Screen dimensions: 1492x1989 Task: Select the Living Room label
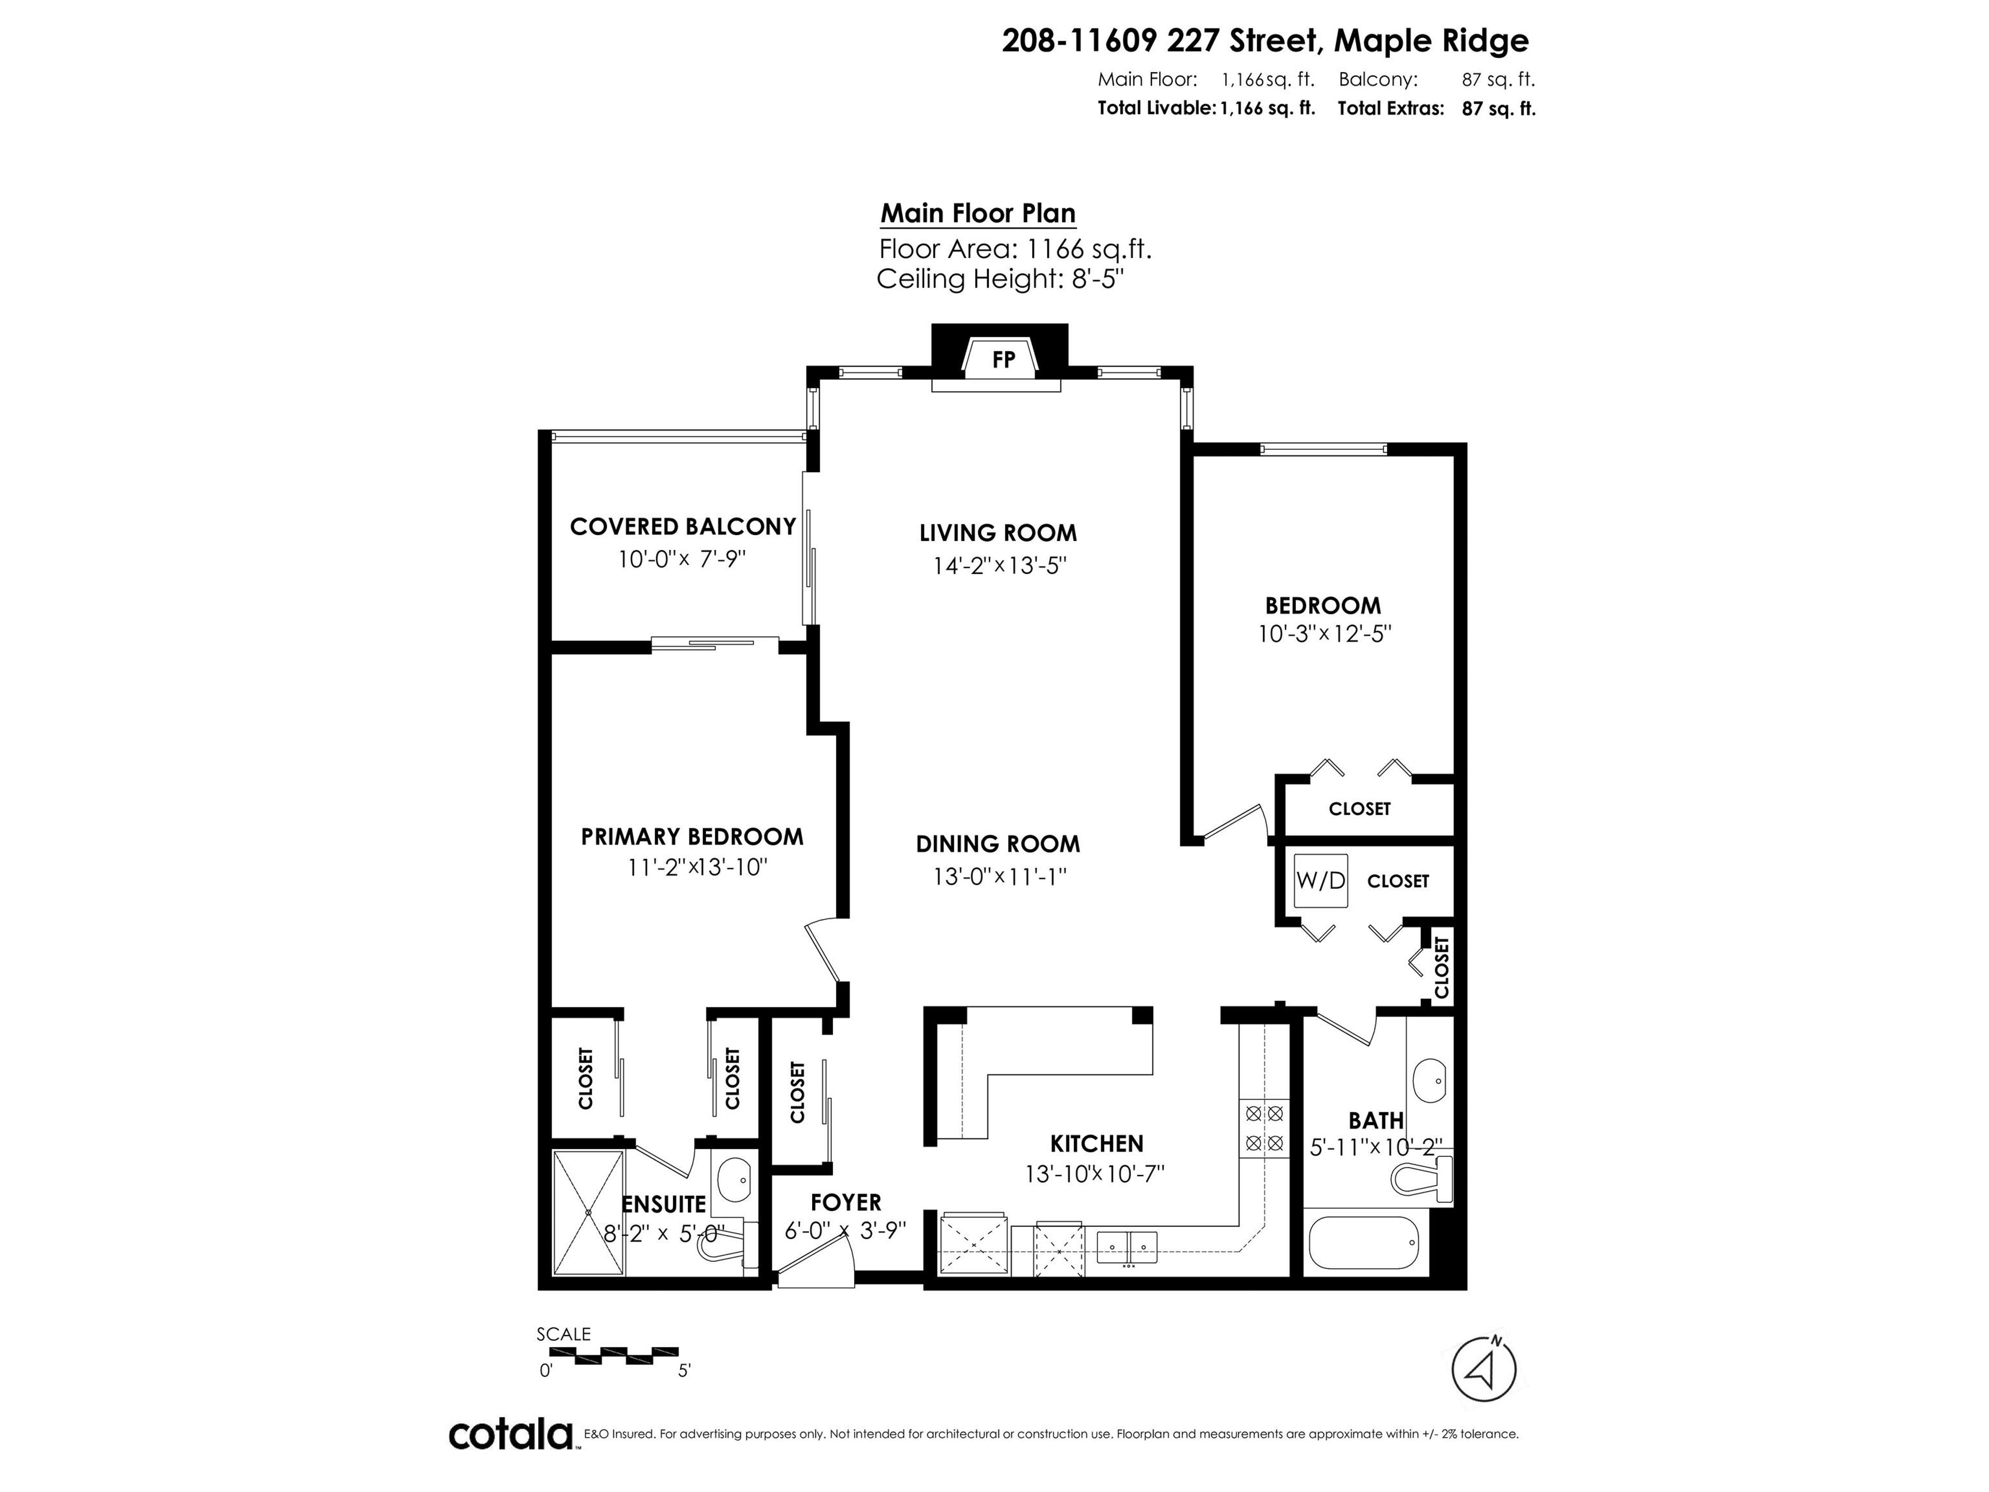coord(997,533)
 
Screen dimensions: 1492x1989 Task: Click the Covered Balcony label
coord(683,526)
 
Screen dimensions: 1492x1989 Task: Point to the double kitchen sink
coord(1127,1245)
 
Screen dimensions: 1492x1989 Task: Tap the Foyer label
coord(845,1202)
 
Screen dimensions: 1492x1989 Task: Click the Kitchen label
coord(1096,1143)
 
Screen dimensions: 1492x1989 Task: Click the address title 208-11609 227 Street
coord(1264,40)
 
